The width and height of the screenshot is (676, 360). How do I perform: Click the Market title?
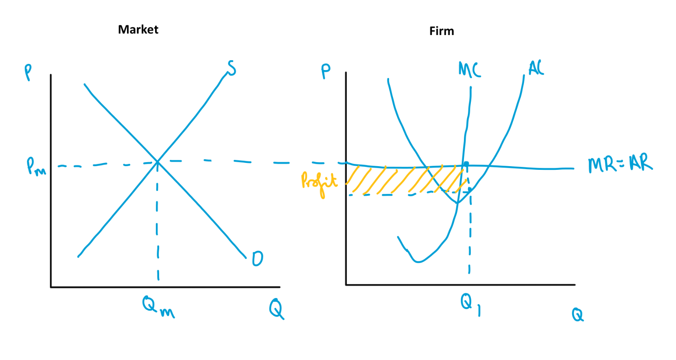138,29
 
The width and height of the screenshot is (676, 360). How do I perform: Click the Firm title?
442,31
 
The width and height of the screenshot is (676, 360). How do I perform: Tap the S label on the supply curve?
231,68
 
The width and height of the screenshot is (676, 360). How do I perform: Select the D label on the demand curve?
258,259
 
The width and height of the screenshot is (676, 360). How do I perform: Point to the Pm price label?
36,167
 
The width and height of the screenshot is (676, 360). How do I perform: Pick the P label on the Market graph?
28,72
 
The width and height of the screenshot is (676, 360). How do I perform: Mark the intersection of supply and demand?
158,162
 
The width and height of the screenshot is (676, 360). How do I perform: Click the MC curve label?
470,70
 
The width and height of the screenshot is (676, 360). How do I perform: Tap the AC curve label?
536,68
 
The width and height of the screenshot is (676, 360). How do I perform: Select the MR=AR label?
619,163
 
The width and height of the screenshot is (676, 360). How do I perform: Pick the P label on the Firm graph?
326,72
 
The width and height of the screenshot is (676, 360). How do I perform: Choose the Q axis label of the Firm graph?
578,314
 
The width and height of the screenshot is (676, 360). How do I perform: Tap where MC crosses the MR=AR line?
463,165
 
